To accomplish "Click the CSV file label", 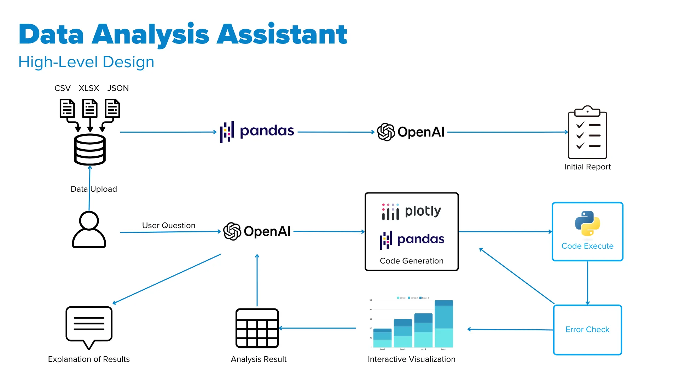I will click(x=63, y=88).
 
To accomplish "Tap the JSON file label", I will click(x=118, y=88).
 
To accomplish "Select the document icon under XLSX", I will click(x=90, y=108).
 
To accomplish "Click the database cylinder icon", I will click(x=90, y=150).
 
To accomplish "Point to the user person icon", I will click(x=89, y=230).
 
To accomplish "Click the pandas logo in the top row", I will click(x=257, y=132).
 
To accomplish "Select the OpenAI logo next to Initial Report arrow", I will click(x=411, y=132).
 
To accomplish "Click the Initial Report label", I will click(x=587, y=167).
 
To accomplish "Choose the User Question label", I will click(x=169, y=225).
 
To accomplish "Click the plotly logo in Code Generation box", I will click(x=411, y=212).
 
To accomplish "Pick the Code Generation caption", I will click(x=411, y=261).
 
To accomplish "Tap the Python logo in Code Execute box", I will click(x=587, y=224).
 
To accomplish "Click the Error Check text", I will click(x=587, y=329).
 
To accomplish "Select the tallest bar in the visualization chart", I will click(x=444, y=324).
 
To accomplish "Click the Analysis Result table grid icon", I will click(x=257, y=328).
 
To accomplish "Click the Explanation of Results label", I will click(x=89, y=359).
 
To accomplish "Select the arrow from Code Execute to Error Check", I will click(x=587, y=283).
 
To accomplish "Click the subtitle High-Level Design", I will click(x=86, y=62).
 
